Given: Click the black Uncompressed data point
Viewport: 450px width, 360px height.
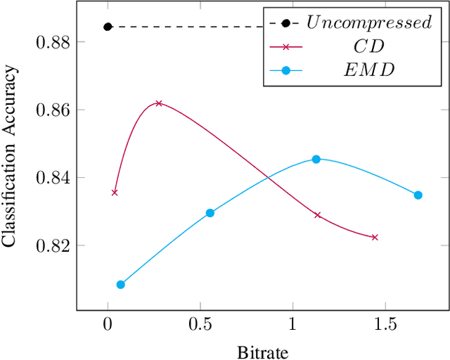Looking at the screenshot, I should click(x=108, y=27).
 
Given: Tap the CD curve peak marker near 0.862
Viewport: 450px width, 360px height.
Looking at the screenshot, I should click(x=159, y=103).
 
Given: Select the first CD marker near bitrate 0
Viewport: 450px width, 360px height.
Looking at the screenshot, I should click(x=115, y=192).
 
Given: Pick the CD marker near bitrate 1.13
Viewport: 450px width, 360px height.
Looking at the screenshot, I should click(x=317, y=215).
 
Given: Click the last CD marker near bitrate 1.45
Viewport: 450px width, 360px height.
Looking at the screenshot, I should click(x=375, y=238).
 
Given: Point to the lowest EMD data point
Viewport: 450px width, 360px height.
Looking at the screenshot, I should click(x=120, y=285).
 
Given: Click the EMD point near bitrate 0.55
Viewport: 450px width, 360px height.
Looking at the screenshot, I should click(x=210, y=212).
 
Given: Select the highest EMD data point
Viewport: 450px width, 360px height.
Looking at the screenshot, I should click(x=316, y=160).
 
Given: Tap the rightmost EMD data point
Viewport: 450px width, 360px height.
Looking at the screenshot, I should click(x=418, y=195).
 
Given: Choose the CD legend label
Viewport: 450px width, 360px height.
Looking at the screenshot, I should click(x=368, y=46).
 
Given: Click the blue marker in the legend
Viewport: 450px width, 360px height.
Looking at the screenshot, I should click(x=285, y=70).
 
